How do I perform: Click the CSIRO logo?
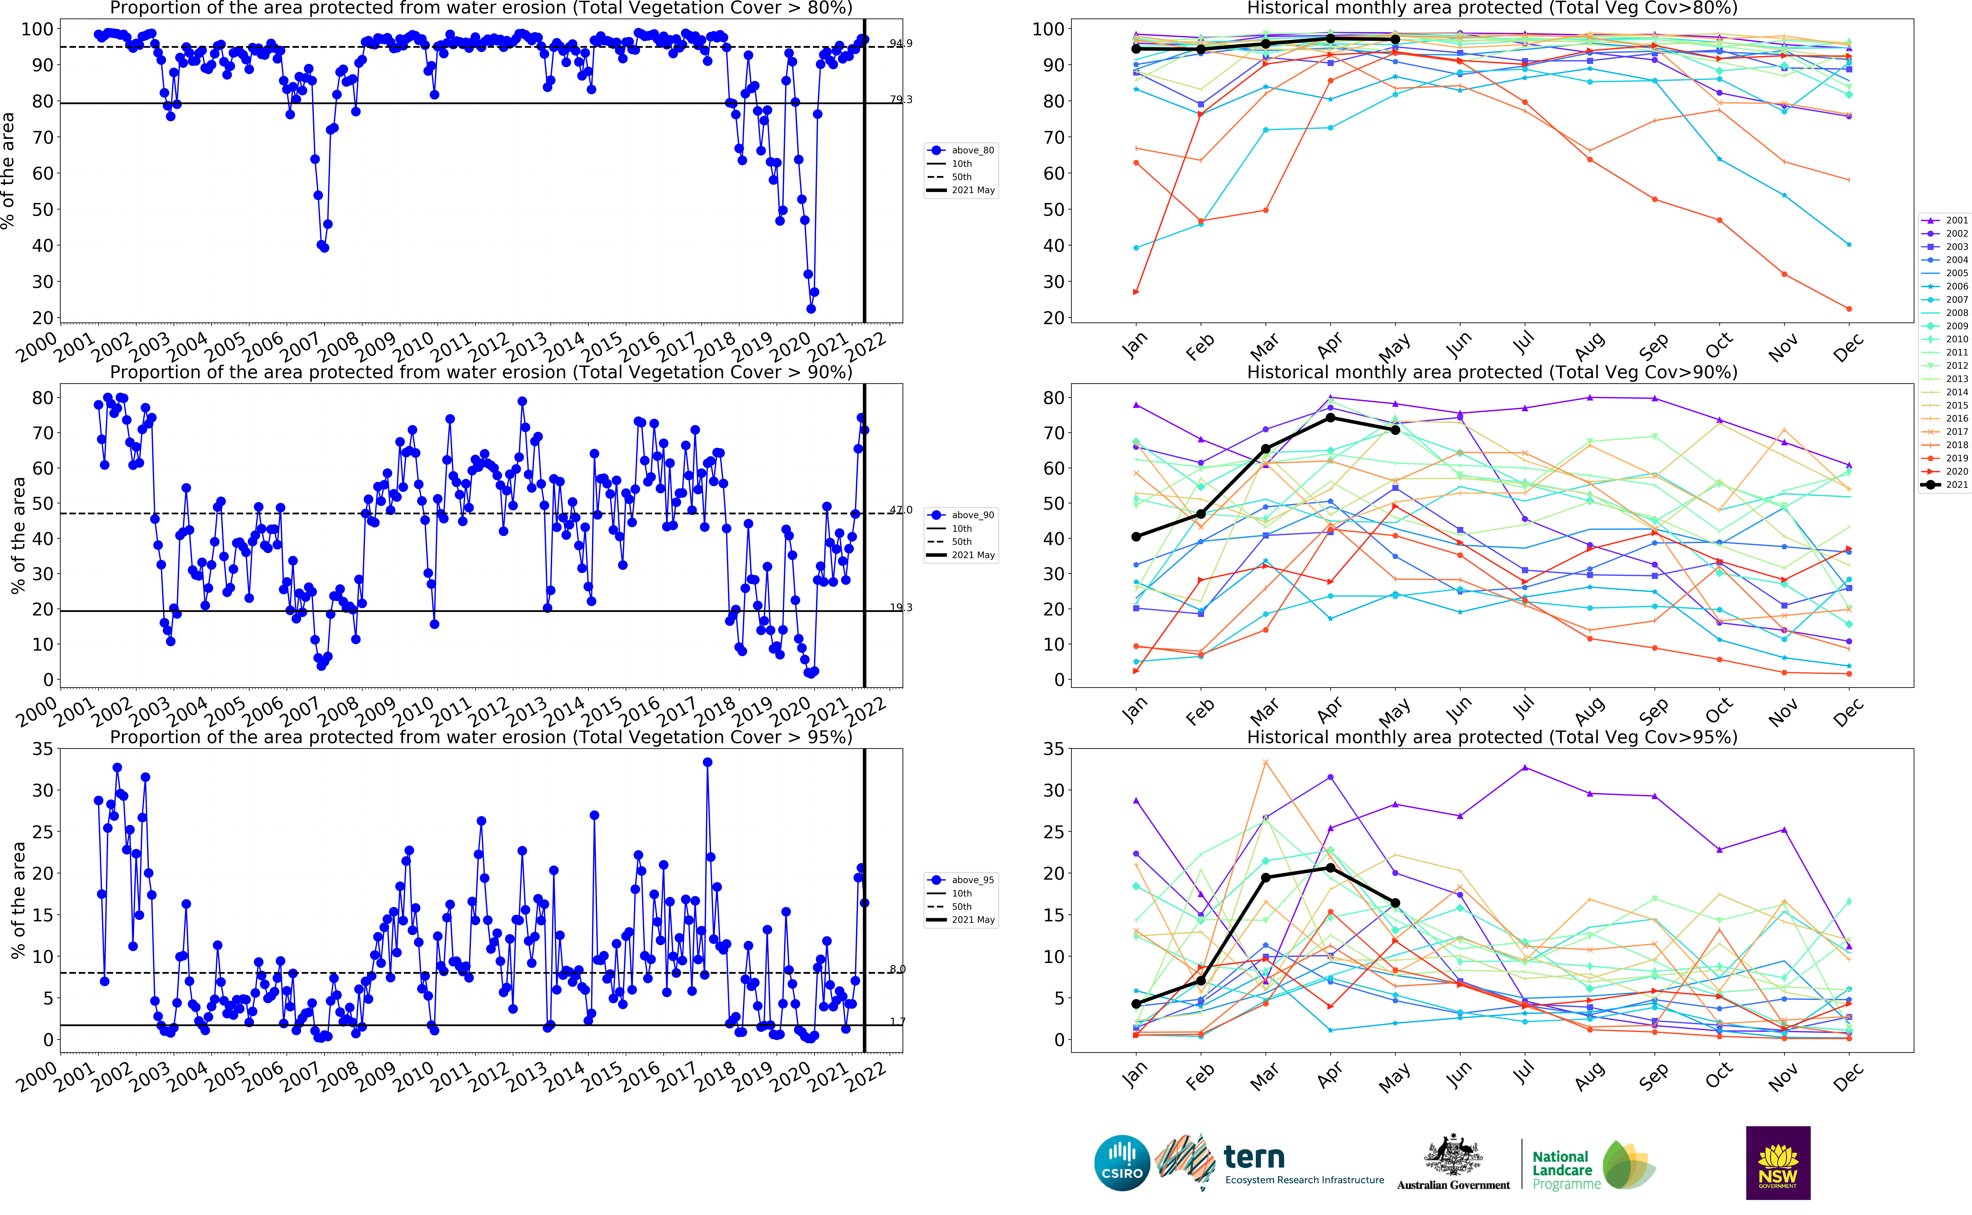coord(1122,1163)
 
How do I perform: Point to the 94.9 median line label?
coord(901,43)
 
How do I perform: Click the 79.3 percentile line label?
coord(901,100)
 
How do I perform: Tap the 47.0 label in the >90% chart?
coord(901,510)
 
